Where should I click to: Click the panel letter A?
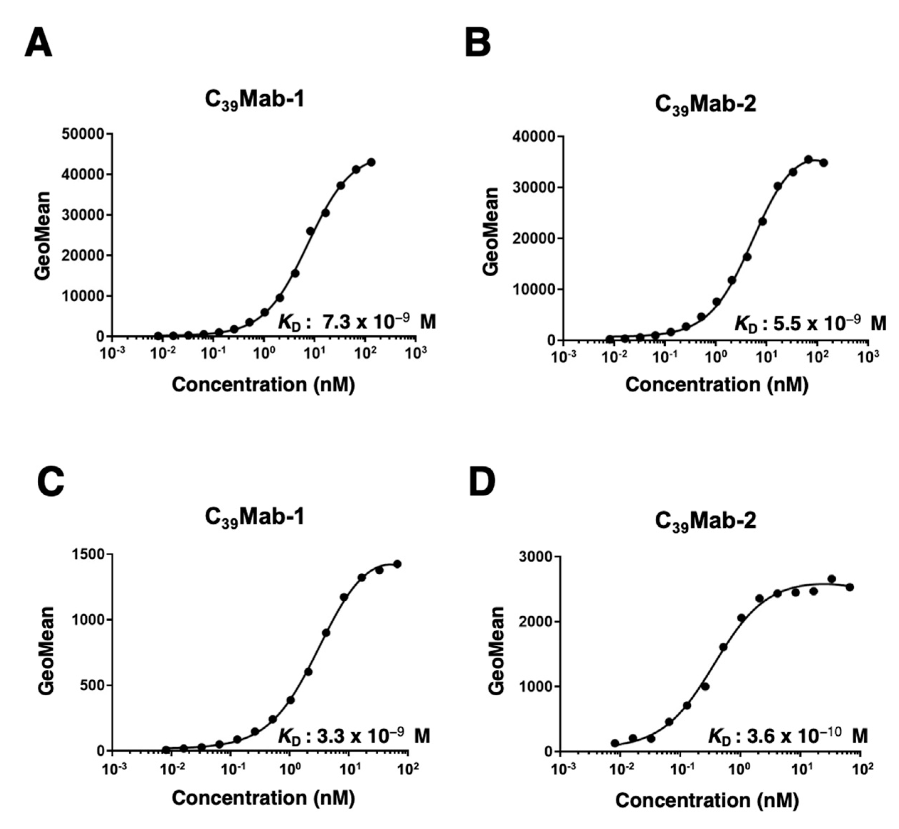tap(38, 44)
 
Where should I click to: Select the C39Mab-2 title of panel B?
tap(705, 105)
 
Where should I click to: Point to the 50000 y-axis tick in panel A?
tap(83, 134)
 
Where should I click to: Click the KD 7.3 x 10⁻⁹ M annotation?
tap(357, 322)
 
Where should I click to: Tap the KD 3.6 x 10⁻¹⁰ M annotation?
tap(788, 736)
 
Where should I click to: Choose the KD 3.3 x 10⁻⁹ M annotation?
tap(354, 736)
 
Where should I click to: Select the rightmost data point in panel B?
tap(823, 163)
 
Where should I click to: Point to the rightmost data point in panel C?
tap(397, 564)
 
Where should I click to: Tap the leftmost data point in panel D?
tap(615, 743)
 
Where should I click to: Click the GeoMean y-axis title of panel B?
tap(491, 232)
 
